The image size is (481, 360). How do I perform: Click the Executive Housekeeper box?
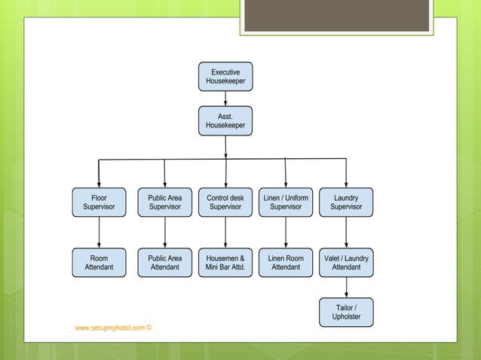225,76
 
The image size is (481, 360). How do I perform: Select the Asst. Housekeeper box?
225,121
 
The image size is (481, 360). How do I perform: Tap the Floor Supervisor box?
99,203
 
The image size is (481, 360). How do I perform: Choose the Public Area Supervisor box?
164,203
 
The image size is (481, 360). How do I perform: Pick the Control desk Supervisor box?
225,203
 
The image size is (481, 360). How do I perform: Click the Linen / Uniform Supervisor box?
286,203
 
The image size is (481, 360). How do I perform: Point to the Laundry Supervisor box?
346,203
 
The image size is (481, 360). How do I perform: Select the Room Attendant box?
99,262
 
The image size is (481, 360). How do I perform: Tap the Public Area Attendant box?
164,262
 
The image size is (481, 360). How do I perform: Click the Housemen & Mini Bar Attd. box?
225,262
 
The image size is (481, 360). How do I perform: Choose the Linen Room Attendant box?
286,262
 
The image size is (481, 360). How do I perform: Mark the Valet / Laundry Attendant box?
346,262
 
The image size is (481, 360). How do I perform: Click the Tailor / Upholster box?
346,312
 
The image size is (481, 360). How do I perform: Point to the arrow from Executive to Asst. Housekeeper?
225,98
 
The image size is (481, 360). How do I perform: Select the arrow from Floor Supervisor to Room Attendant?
99,233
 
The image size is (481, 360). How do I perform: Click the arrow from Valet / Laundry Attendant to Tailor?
346,287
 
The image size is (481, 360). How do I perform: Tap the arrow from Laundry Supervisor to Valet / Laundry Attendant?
346,233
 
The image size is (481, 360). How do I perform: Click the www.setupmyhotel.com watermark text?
113,328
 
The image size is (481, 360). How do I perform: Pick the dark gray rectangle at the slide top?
337,16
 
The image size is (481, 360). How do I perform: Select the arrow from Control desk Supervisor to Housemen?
225,233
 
